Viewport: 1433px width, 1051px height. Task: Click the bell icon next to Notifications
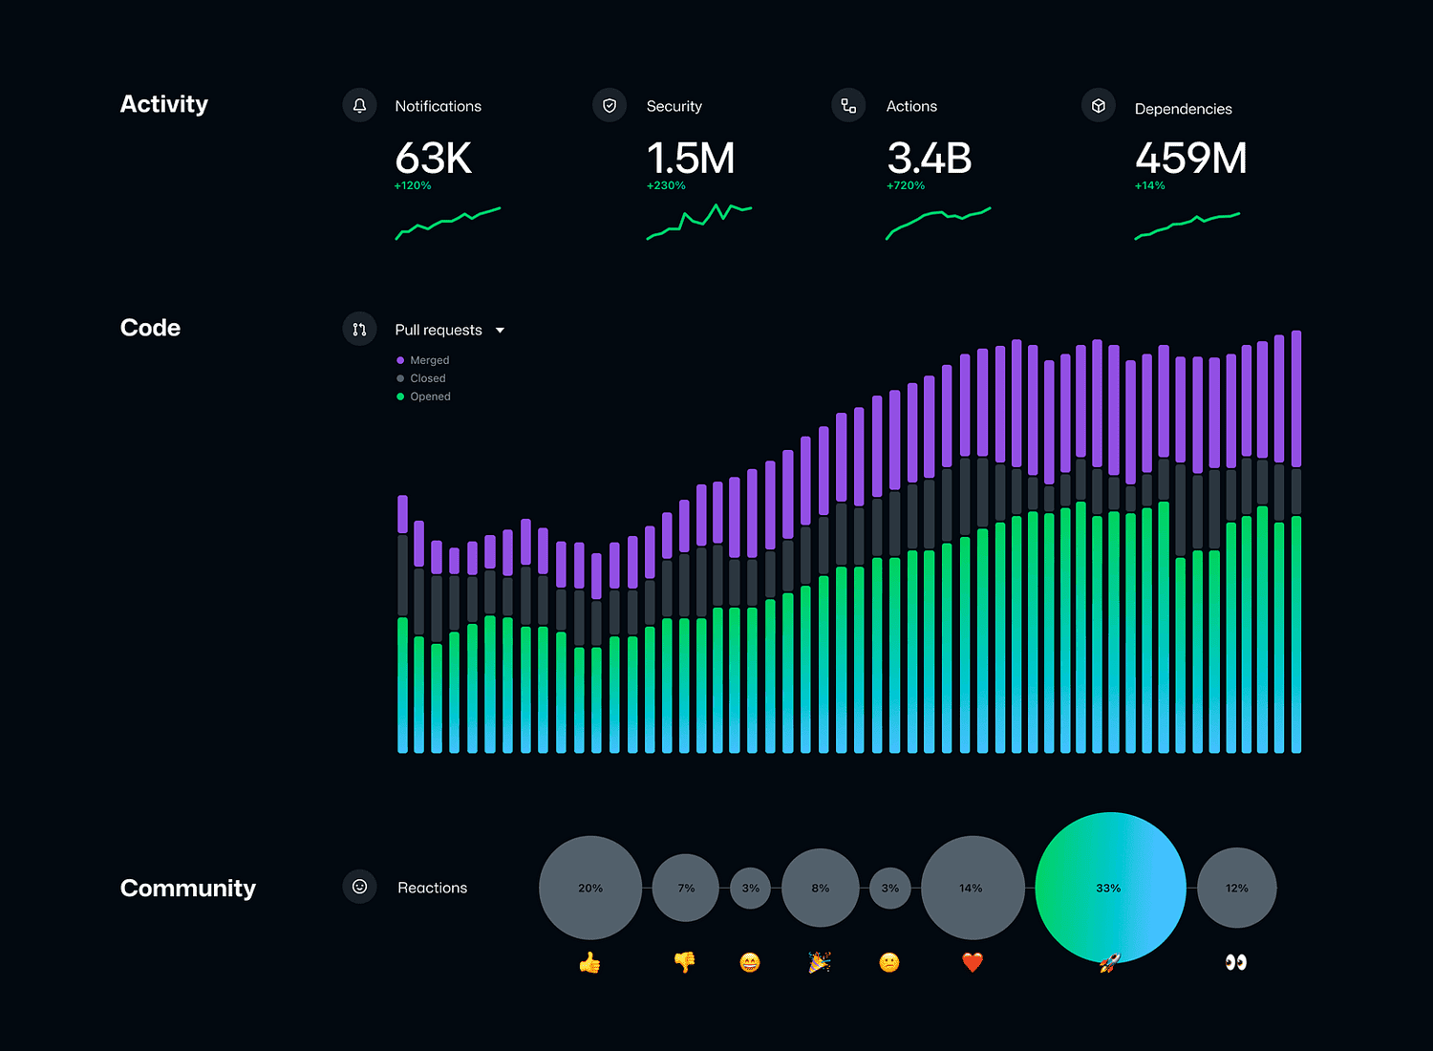tap(359, 105)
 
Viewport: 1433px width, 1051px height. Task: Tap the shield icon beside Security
tap(610, 105)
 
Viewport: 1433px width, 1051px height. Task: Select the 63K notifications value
tap(434, 159)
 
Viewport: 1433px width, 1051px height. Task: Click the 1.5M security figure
tap(691, 159)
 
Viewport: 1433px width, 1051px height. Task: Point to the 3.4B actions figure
tap(929, 159)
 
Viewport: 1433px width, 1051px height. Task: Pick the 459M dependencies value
tap(1190, 159)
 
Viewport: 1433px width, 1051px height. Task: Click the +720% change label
tap(906, 186)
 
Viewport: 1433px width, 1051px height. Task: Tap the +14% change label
tap(1150, 186)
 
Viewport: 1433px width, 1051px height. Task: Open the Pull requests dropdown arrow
tap(500, 331)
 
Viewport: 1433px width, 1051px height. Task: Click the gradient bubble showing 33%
tap(1109, 888)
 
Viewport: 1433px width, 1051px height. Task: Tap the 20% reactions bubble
tap(590, 888)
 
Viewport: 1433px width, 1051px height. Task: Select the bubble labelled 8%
tap(820, 888)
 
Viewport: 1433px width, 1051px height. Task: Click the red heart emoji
tap(972, 962)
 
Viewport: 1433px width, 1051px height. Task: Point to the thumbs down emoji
tap(685, 962)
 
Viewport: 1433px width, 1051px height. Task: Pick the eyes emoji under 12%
tap(1236, 962)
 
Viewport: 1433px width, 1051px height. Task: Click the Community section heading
tap(188, 888)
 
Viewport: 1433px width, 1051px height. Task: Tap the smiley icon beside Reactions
tap(359, 887)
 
